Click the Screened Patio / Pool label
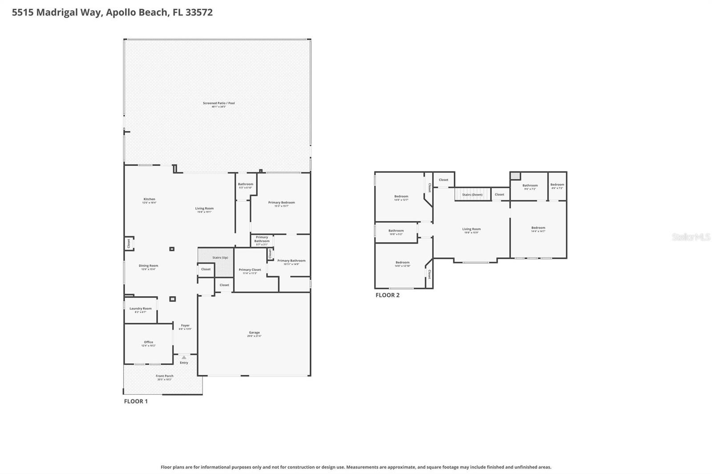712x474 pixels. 218,103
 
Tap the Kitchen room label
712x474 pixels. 149,199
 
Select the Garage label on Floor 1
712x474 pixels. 254,333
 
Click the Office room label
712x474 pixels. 148,342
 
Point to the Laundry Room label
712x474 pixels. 140,309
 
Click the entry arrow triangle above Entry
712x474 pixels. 184,358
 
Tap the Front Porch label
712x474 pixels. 164,376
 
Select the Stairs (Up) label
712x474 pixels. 220,257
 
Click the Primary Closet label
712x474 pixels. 250,270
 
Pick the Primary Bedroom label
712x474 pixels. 281,203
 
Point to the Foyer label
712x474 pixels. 185,325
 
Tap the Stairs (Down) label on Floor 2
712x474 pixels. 472,195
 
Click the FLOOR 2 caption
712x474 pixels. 387,295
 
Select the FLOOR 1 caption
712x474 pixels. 136,401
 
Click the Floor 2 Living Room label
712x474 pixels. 471,229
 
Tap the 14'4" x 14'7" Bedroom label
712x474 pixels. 538,228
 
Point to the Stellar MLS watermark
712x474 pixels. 690,237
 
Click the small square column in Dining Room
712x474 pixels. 172,249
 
